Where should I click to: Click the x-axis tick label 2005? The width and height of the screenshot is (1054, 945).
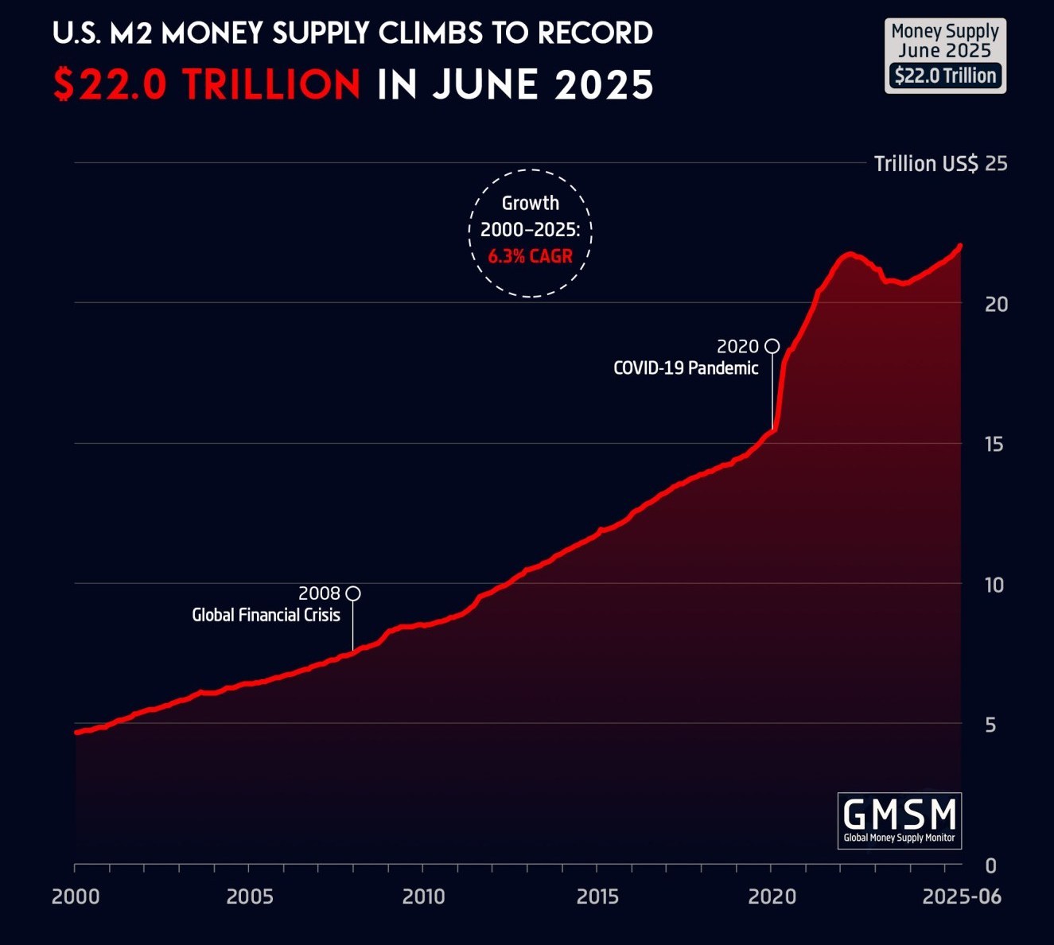coord(250,896)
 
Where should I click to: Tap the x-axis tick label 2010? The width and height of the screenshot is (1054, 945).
coord(423,896)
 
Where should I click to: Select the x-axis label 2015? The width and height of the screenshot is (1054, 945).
coord(597,896)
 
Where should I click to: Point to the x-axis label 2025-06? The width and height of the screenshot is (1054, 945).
coord(962,896)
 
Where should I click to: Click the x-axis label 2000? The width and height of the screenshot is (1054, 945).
coord(76,896)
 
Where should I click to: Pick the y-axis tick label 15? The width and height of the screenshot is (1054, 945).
coord(994,444)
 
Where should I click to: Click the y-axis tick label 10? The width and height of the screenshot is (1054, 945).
coord(994,585)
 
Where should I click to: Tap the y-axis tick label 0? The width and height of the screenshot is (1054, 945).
coord(990,865)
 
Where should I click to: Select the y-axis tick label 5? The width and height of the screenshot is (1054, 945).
coord(990,725)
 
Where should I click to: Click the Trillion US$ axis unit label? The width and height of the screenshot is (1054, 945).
coord(926,164)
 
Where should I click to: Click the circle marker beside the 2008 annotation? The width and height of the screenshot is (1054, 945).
coord(353,593)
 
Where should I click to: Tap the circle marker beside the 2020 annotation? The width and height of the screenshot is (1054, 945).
coord(772,346)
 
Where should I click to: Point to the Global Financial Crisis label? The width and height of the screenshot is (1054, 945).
coord(266,615)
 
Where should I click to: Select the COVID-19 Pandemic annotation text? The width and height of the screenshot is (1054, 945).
coord(686,367)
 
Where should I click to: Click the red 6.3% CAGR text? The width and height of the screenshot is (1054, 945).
coord(530,256)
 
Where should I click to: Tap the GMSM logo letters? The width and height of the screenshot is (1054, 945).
coord(899,814)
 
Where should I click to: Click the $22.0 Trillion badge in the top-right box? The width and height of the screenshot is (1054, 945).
coord(945,76)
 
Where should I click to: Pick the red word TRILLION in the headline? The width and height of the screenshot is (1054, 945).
coord(271,84)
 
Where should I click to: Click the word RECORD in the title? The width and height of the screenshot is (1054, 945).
coord(595,33)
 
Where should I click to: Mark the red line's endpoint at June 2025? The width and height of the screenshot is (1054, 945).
coord(960,246)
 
